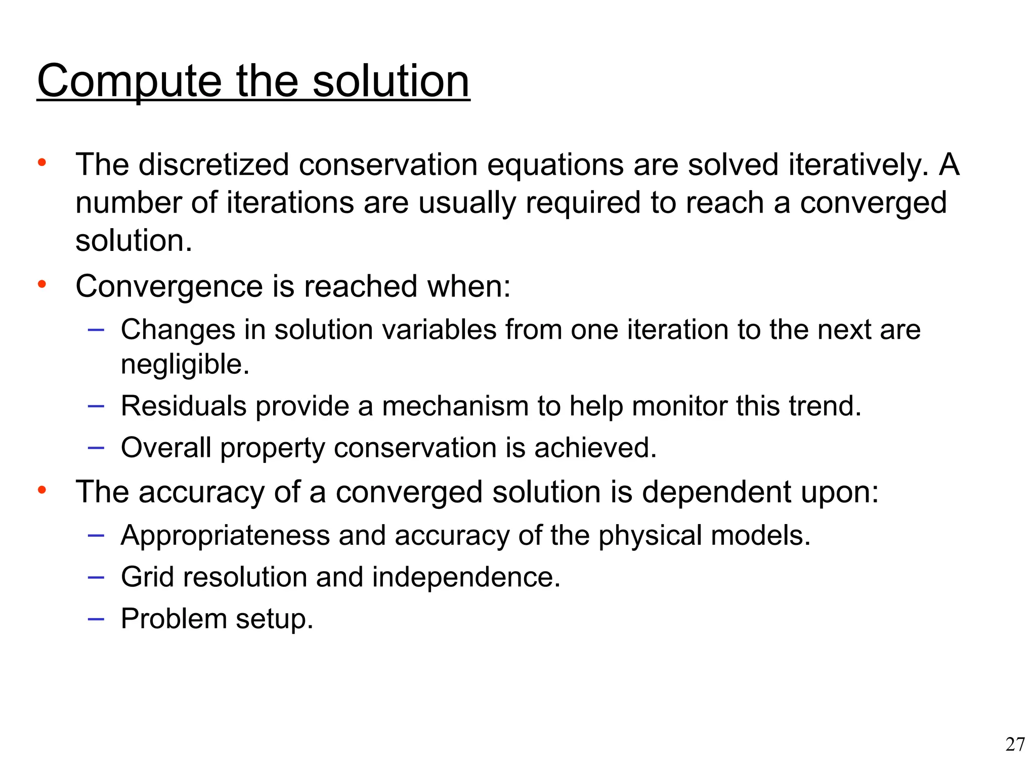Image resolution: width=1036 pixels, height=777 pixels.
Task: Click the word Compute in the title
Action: tap(129, 82)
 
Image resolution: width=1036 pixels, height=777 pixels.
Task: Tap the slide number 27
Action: tap(1015, 744)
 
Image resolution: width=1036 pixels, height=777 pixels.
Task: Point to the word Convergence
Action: tap(169, 286)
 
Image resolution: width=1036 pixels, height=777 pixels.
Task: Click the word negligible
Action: tap(185, 364)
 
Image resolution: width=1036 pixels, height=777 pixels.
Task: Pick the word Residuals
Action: tap(184, 406)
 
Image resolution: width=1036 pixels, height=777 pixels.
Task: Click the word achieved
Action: tap(595, 448)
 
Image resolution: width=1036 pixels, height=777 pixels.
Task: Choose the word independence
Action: tap(466, 577)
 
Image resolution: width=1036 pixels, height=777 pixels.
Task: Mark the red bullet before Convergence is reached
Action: tap(42, 284)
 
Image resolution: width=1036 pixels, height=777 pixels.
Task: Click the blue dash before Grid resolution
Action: tap(96, 577)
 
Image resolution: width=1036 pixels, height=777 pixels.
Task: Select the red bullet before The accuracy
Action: tap(42, 490)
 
